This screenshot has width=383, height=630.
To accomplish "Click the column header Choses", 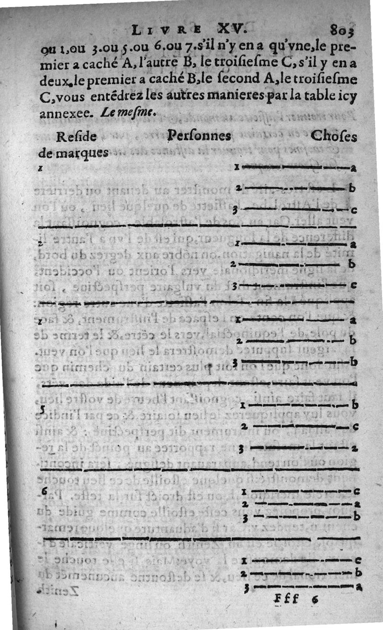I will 334,136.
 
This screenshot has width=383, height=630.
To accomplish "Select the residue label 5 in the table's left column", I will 43,409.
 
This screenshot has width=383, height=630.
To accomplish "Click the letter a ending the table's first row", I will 353,168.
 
